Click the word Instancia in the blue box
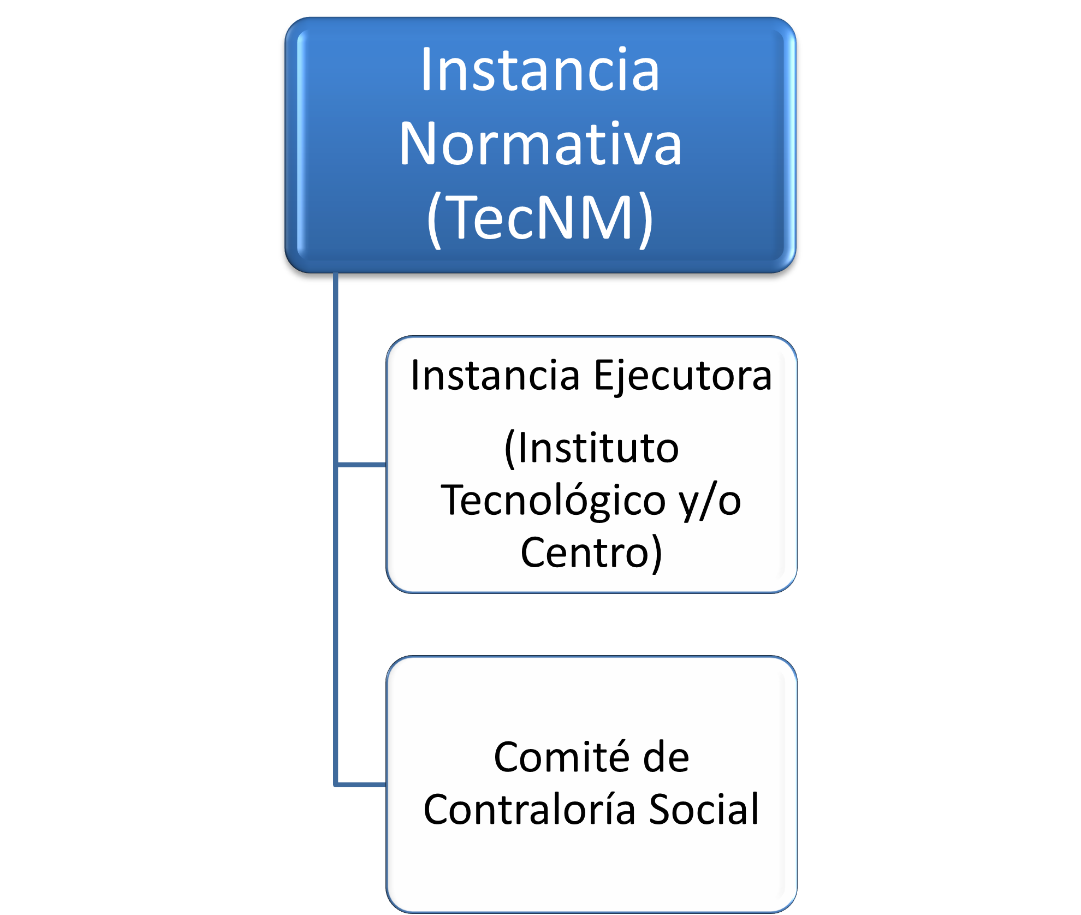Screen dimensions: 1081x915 [x=540, y=69]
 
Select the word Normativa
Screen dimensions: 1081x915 [x=540, y=143]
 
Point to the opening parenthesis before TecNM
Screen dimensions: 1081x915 [x=434, y=219]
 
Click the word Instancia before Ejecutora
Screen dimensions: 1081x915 [x=495, y=376]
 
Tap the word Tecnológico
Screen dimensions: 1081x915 [x=553, y=502]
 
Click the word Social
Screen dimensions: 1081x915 [x=704, y=809]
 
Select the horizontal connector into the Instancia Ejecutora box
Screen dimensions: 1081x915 [x=361, y=465]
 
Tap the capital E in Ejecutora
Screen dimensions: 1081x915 [x=603, y=376]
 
